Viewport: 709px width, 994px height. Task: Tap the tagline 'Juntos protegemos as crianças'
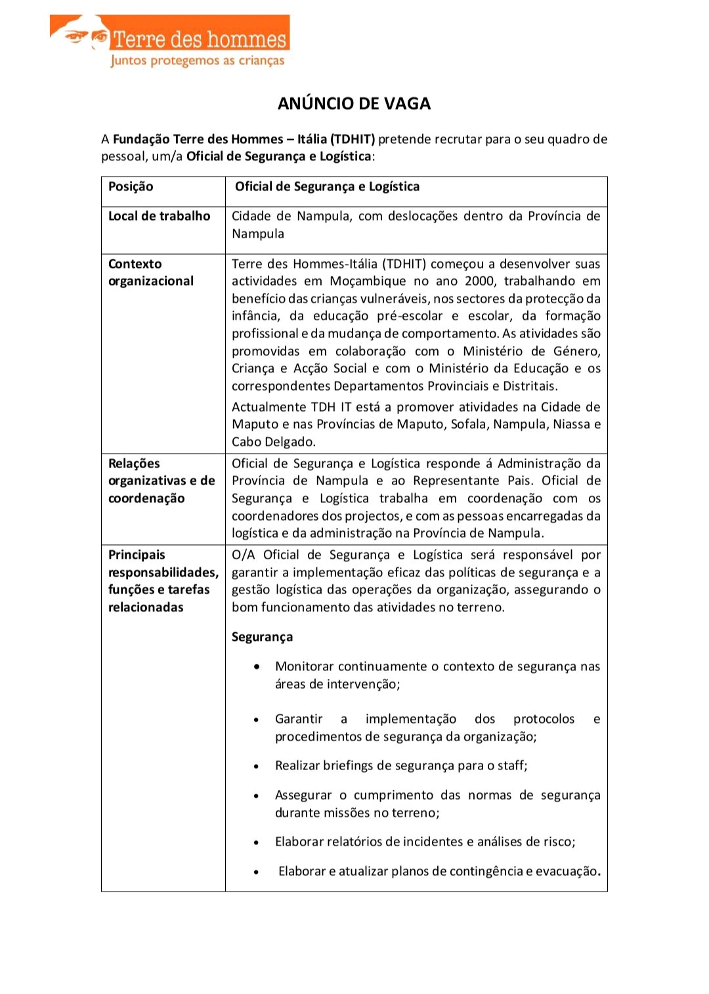(x=198, y=61)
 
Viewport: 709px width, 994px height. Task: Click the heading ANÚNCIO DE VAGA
(x=354, y=104)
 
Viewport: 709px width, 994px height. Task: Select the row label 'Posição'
(x=131, y=186)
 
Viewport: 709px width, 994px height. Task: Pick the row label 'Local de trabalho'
(x=159, y=216)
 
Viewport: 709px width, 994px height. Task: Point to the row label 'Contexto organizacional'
(x=151, y=272)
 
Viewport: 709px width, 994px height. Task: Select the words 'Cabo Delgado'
(x=272, y=442)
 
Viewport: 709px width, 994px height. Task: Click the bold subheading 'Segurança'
(x=262, y=637)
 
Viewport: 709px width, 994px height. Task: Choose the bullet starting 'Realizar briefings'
(x=401, y=766)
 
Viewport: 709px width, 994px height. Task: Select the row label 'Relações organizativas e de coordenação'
(x=161, y=481)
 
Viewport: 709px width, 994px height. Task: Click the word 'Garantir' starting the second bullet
(x=299, y=719)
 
